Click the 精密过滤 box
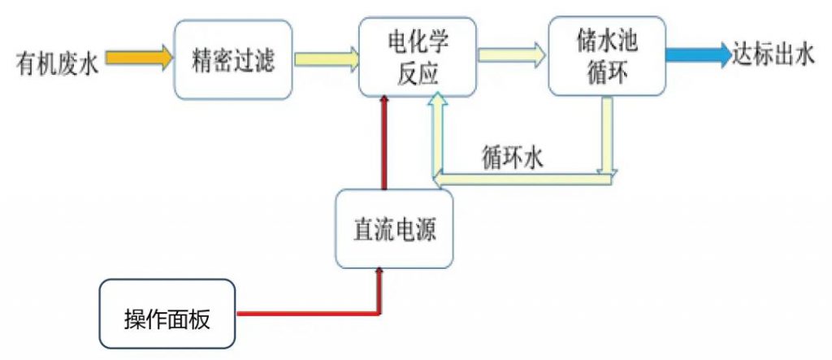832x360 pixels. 233,59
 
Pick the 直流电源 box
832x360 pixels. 394,229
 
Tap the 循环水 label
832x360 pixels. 512,158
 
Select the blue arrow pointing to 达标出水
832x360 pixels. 698,55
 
